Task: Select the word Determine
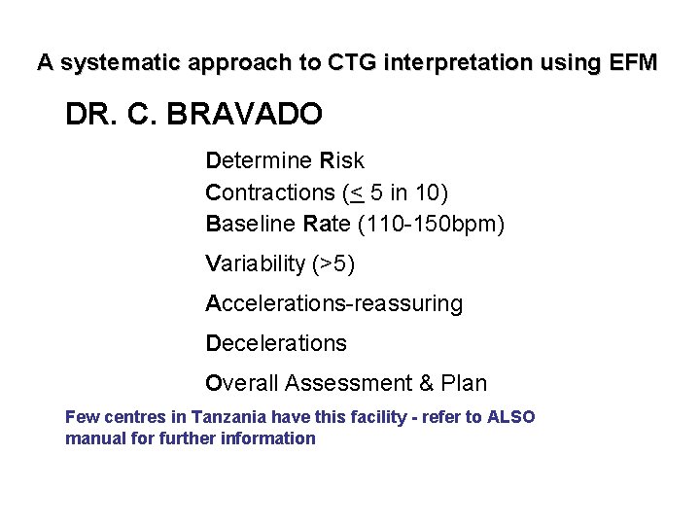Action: coord(259,159)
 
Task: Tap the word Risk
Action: coord(342,159)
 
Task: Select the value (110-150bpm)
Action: coord(432,224)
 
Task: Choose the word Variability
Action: coord(256,263)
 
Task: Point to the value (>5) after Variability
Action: coord(334,263)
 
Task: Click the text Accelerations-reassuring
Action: coord(333,303)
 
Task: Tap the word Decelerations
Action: coord(275,343)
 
